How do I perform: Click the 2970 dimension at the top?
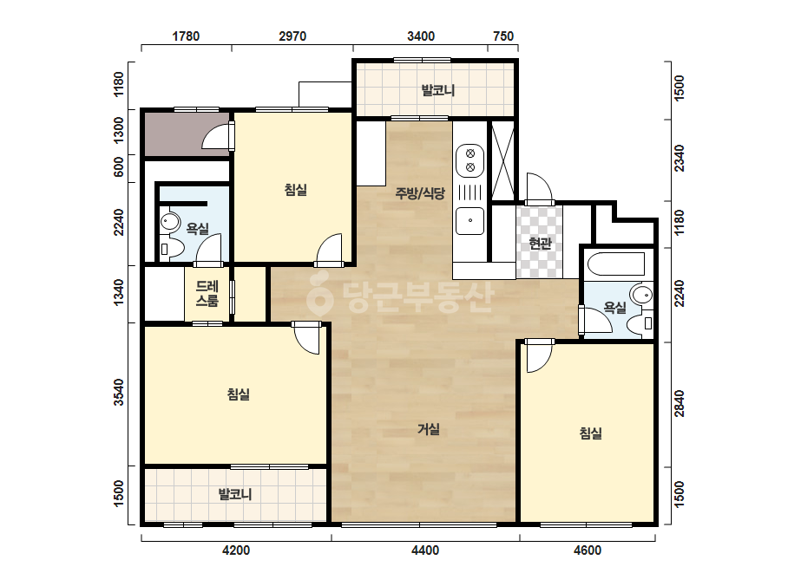292,36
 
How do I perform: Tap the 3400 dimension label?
420,36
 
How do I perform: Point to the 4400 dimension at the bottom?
425,550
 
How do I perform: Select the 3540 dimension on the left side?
119,392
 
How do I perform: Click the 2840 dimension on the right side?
680,403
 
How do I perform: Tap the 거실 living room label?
428,429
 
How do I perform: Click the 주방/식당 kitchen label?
420,193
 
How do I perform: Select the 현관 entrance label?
540,244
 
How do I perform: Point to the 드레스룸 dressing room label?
207,294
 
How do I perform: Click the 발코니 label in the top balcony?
437,90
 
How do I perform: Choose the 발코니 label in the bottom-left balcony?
235,494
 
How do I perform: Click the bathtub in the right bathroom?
616,264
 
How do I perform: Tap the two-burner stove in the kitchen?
470,160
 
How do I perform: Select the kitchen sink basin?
470,220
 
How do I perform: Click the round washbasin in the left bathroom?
169,222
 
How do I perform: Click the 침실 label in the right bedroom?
590,433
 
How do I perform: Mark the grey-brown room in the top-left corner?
187,134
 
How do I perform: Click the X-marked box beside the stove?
502,160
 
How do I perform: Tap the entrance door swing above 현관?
540,188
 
